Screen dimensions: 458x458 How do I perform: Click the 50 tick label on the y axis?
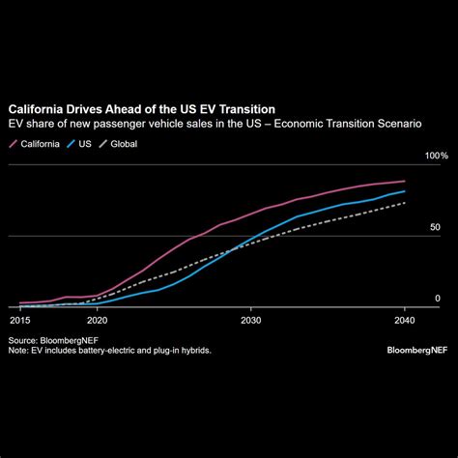pos(436,228)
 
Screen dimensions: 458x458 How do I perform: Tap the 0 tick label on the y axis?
pos(438,300)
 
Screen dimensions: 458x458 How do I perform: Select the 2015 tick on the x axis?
pos(20,319)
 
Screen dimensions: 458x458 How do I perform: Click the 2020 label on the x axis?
pos(97,319)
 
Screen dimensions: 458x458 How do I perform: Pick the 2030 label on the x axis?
pos(250,319)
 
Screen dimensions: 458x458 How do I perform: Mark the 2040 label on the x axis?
pos(404,319)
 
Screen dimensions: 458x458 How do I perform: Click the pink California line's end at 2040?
pos(405,181)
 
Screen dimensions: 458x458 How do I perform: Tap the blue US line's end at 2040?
pos(405,191)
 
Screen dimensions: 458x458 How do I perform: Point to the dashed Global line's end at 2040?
pos(405,202)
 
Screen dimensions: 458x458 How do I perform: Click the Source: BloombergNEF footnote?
pos(51,340)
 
